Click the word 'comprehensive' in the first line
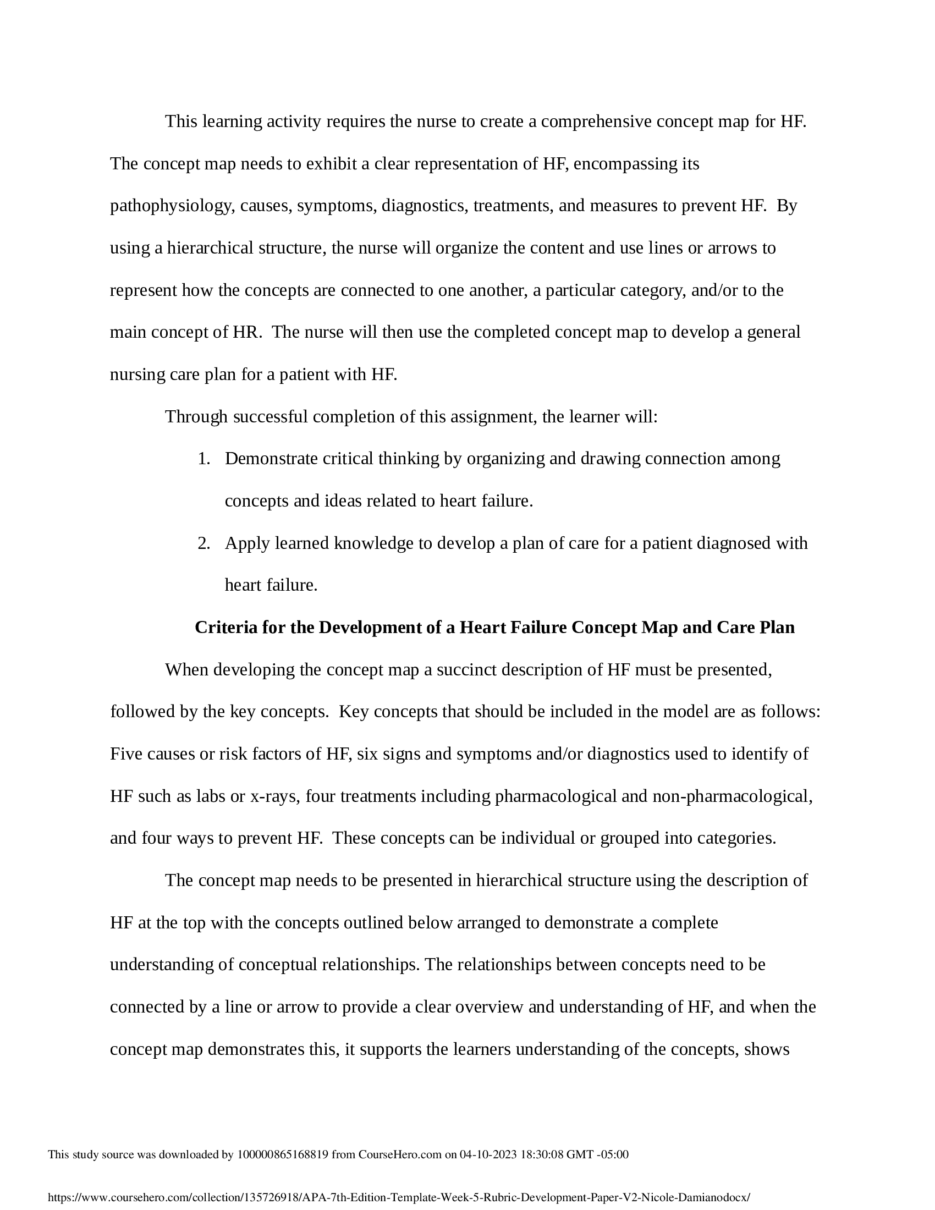coord(596,122)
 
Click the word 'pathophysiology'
coord(169,206)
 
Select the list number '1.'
coord(204,459)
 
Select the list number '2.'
coord(204,543)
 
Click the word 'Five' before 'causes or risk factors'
coord(127,754)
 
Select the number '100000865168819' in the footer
coord(283,1154)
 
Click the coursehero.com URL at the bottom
coord(399,1197)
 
